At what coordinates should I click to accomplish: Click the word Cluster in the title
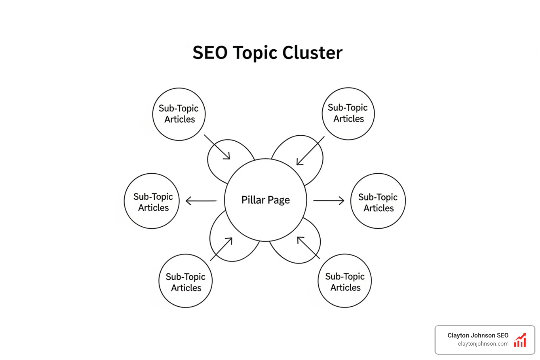312,53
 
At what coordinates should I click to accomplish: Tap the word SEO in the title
210,53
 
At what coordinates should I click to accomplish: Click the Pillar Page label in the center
265,200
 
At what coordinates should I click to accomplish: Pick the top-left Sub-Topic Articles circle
179,114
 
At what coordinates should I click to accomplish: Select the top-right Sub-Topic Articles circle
348,113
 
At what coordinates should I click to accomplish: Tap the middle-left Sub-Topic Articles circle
152,201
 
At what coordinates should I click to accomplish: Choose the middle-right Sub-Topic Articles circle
378,201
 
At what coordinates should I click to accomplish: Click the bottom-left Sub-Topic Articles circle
186,281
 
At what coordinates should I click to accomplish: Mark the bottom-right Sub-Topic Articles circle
345,281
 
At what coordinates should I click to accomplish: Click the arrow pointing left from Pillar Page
201,201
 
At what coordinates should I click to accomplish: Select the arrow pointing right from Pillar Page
329,200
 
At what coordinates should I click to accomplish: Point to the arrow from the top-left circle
217,147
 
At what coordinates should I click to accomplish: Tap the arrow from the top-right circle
310,151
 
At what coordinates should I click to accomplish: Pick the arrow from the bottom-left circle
221,249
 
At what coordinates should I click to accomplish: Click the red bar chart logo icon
520,340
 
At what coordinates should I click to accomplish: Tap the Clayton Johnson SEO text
478,335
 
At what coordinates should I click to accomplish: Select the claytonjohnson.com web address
483,344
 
